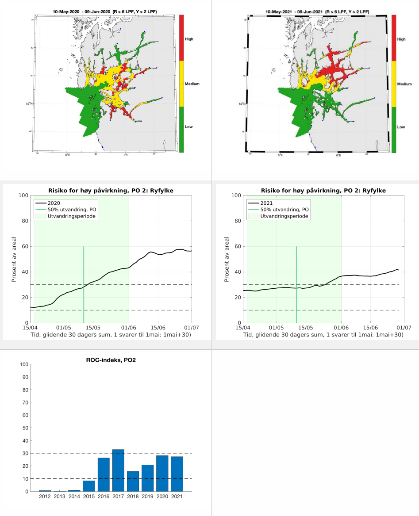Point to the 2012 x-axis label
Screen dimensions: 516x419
click(x=45, y=497)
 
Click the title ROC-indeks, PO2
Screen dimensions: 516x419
click(x=111, y=360)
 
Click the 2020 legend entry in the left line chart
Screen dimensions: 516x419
click(x=54, y=203)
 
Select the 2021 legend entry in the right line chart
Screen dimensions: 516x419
click(x=266, y=203)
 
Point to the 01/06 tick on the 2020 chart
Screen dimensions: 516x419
click(x=129, y=328)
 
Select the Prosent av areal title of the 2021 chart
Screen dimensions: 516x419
click(x=227, y=259)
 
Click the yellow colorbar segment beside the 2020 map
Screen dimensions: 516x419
click(x=181, y=84)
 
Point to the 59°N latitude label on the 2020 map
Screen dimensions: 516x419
click(x=29, y=104)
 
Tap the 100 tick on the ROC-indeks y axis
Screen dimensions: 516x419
click(x=24, y=364)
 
